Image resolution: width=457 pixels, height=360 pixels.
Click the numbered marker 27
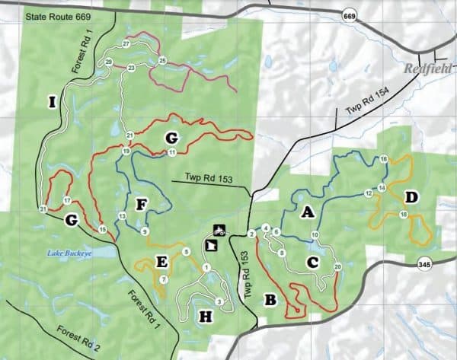[126, 43]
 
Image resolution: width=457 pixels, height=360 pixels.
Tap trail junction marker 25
[162, 60]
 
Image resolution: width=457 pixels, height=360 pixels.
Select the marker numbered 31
[43, 209]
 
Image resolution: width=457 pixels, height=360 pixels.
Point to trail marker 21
[130, 135]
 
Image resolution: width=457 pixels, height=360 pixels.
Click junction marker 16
[384, 158]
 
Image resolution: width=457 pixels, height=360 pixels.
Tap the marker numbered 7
[165, 279]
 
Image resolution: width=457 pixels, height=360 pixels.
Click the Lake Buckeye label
[67, 253]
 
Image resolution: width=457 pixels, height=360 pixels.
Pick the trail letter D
[411, 198]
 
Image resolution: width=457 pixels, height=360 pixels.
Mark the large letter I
[51, 103]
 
